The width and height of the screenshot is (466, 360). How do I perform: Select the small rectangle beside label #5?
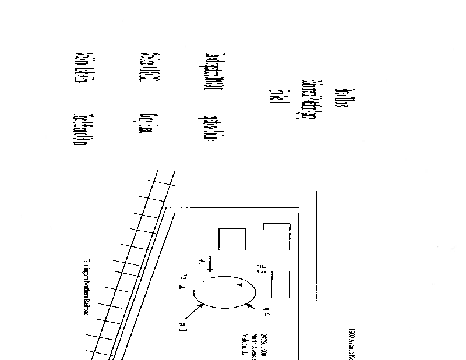[281, 284]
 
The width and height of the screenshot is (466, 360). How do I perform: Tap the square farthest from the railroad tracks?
[276, 237]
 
